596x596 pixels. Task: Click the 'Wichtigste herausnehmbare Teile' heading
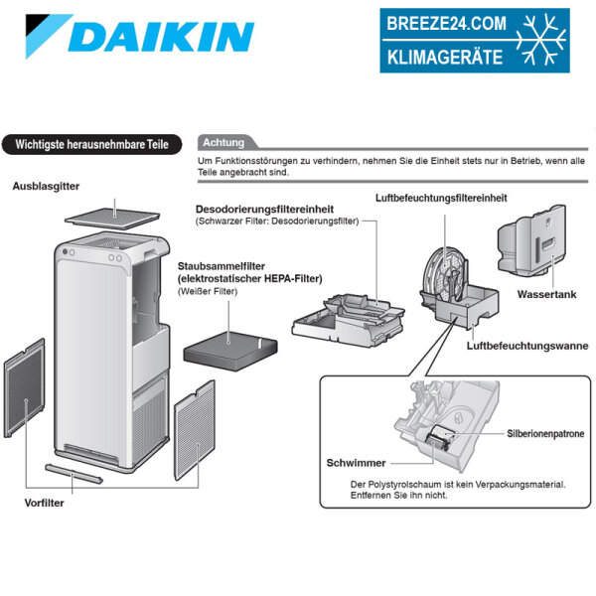coord(91,145)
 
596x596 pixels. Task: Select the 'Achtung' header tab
coord(223,142)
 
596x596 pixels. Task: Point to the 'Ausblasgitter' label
coord(48,186)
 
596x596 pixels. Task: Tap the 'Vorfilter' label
coord(46,503)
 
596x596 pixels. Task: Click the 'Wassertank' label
coord(546,295)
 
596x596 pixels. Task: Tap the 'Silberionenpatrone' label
coord(545,434)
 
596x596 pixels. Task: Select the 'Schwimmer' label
coord(355,463)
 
